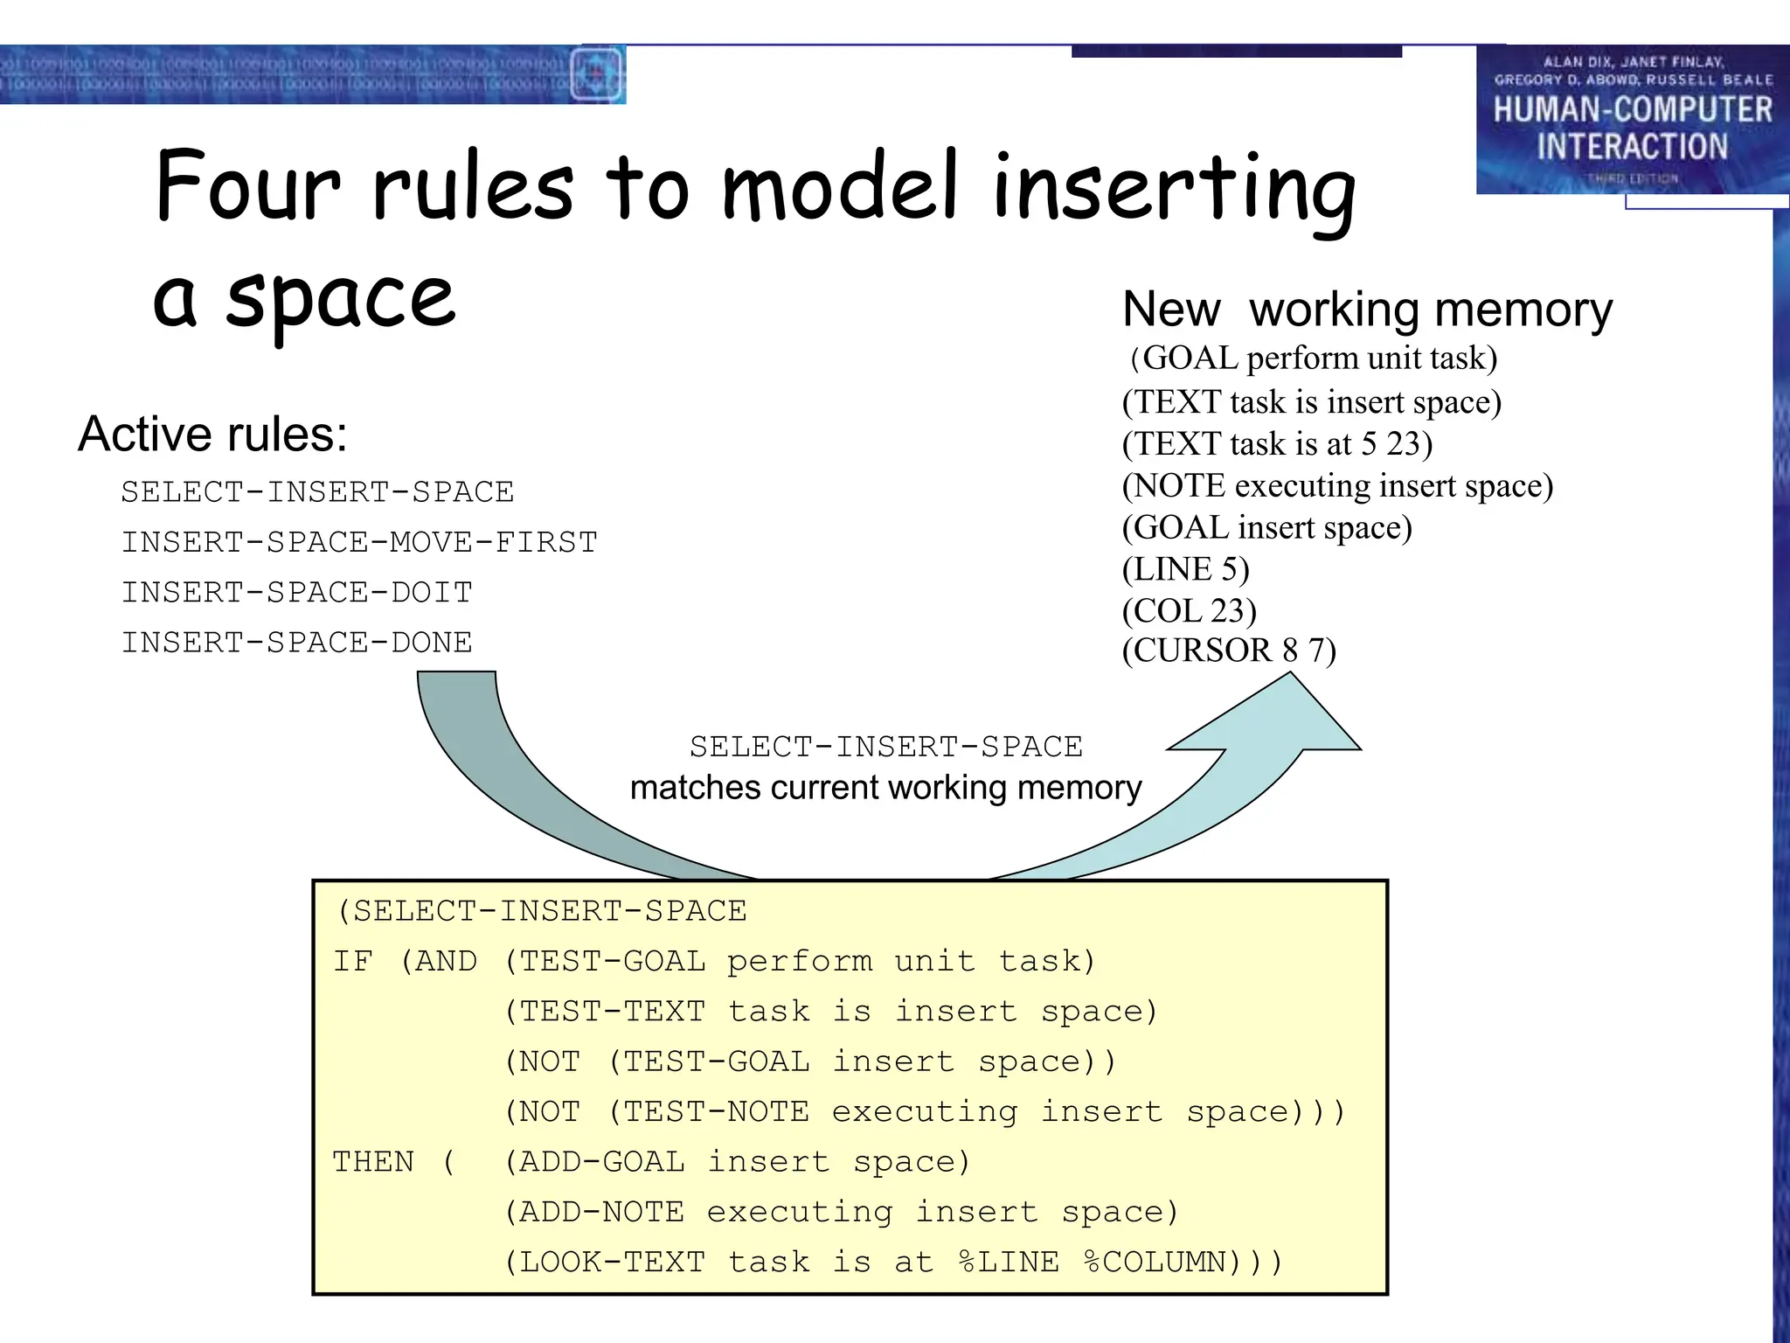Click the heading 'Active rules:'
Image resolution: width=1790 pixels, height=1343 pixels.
212,434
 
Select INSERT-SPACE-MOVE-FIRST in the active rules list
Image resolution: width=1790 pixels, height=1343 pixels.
359,542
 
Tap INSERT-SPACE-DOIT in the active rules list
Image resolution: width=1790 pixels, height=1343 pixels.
297,592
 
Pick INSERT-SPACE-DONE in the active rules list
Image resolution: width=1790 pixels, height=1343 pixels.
297,643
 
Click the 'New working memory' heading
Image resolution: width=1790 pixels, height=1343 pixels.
1367,310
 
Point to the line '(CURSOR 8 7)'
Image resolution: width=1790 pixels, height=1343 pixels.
1229,651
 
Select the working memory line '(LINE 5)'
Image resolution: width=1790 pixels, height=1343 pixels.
1185,569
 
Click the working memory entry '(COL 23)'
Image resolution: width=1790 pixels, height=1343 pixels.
1189,610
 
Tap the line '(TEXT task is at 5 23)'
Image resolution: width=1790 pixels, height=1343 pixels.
1277,444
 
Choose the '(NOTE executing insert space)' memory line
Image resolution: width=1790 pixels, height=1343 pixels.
1337,486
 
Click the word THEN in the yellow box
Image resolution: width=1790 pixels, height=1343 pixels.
373,1162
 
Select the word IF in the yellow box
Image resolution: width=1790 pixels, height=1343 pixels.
352,961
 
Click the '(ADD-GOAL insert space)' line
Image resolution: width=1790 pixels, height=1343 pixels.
738,1162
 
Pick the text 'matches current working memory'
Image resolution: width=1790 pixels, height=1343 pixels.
885,788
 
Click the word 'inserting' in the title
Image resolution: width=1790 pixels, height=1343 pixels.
1173,188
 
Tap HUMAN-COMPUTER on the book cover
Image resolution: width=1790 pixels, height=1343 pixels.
1632,110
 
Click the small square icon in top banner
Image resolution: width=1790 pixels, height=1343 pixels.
596,75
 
